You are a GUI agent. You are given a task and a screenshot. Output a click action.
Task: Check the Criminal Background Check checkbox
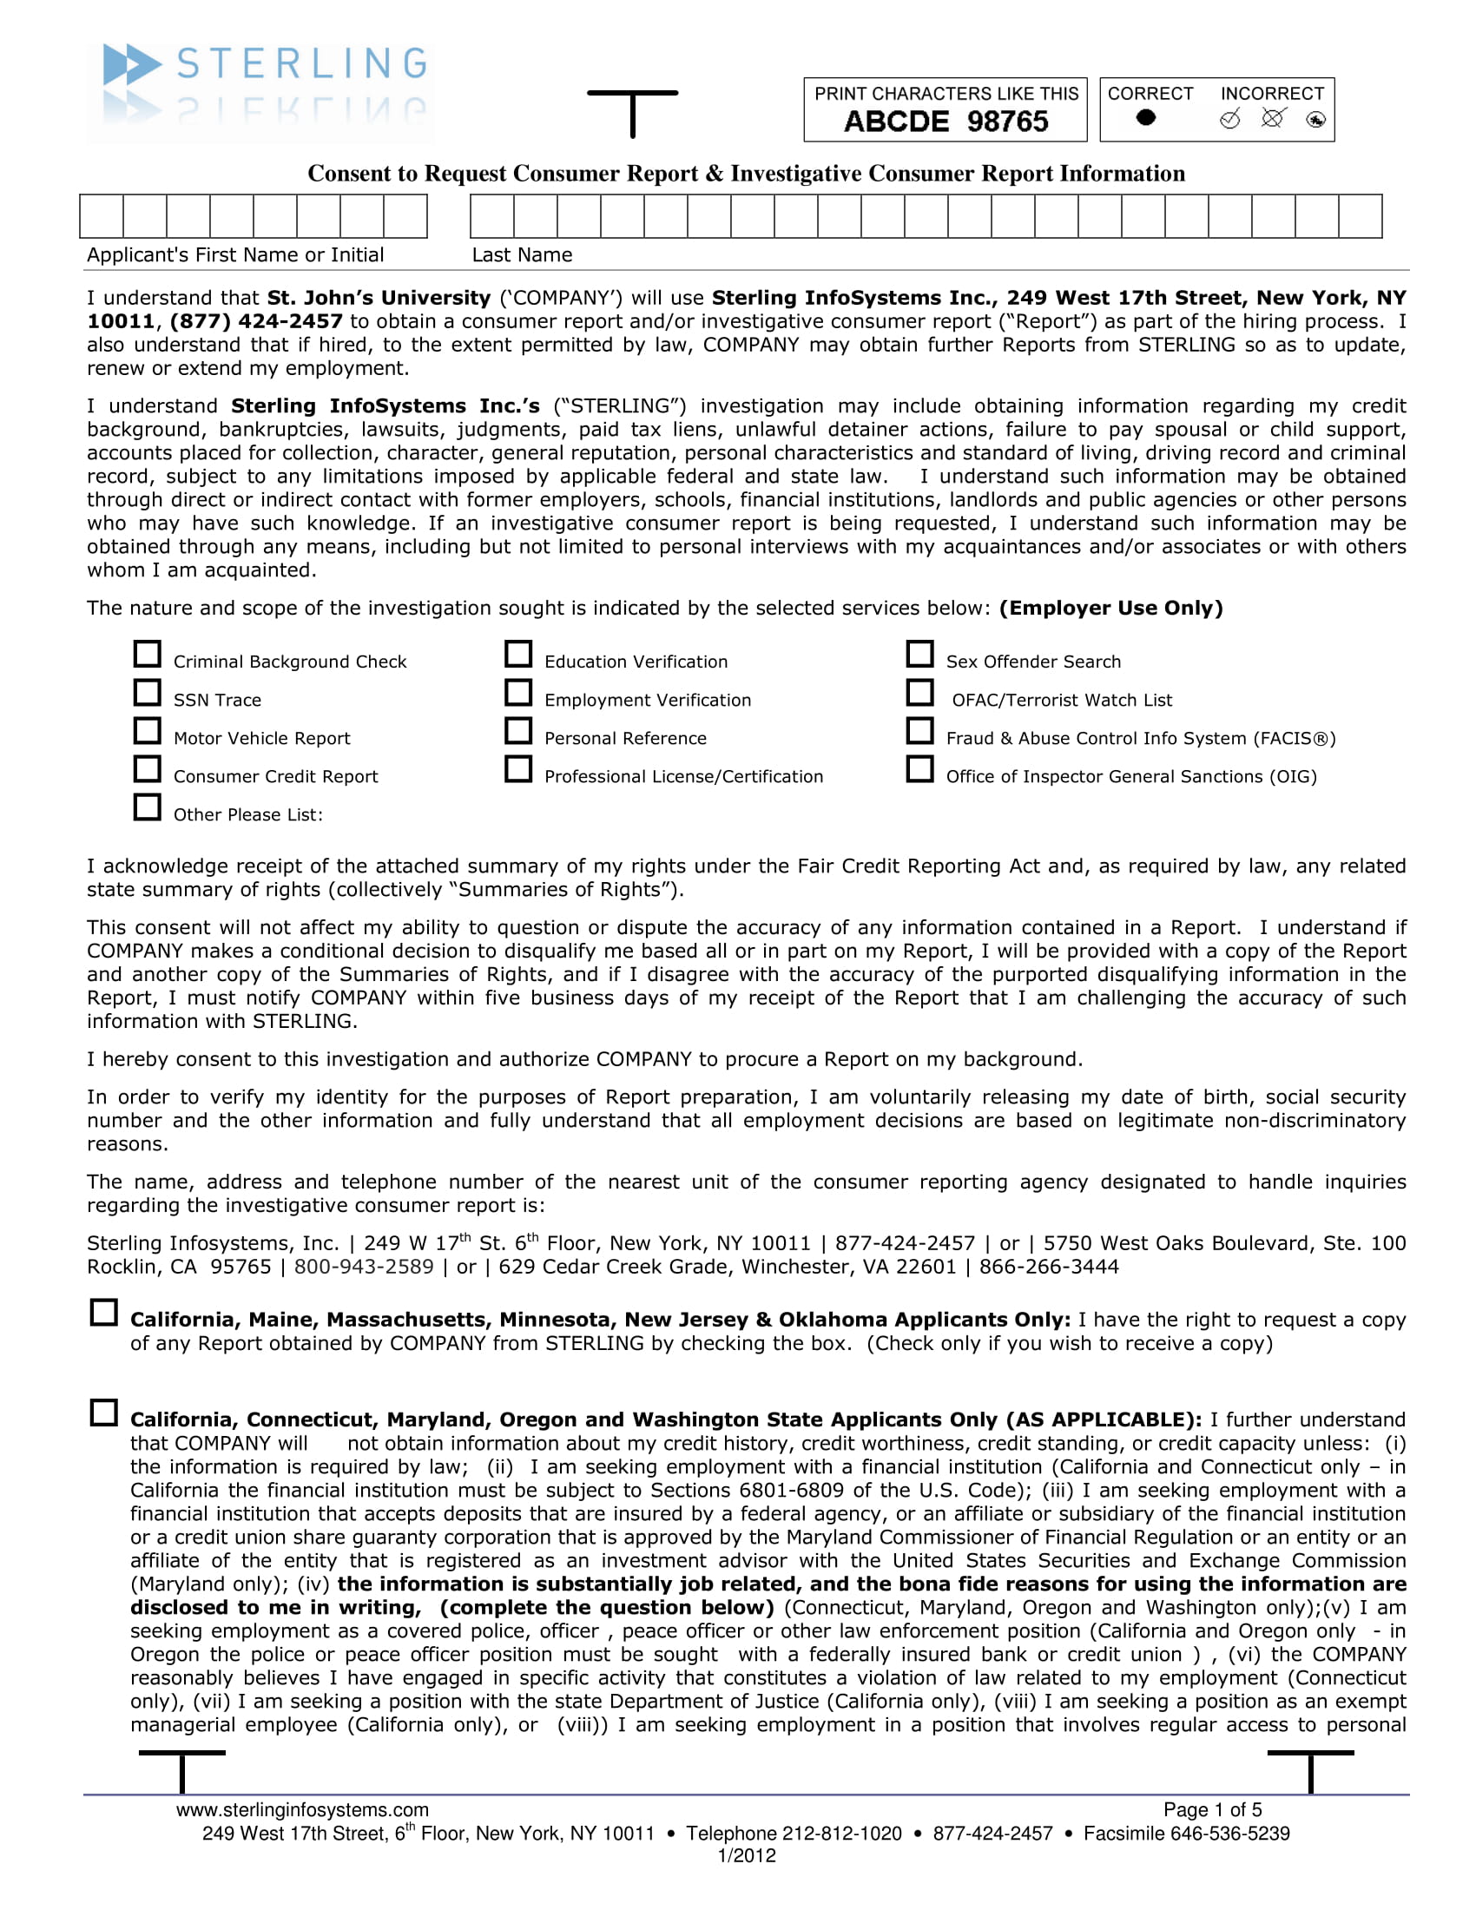pos(147,654)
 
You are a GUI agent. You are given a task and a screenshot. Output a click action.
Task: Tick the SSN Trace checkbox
pos(147,693)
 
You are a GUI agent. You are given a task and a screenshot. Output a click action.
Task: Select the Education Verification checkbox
pos(518,654)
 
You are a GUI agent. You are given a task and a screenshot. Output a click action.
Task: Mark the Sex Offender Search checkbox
pos(919,654)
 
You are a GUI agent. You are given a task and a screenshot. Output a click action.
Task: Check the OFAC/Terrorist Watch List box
pos(919,693)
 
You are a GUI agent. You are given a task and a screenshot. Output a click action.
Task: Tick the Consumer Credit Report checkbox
pos(147,769)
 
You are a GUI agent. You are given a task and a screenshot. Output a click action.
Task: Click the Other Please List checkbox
pos(147,807)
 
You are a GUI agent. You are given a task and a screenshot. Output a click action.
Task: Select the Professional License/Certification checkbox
pos(518,769)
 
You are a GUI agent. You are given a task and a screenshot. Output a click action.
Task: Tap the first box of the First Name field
pos(102,216)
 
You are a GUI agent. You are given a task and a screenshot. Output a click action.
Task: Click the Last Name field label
pos(522,255)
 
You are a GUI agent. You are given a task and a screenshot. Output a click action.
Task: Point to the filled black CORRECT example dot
pos(1145,117)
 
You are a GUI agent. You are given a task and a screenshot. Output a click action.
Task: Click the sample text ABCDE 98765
pos(946,122)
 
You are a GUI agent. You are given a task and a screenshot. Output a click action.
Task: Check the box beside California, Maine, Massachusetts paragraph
pos(104,1313)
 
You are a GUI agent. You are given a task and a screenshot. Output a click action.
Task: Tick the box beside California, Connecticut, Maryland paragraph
pos(104,1413)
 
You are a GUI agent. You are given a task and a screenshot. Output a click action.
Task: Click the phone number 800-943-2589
pos(364,1268)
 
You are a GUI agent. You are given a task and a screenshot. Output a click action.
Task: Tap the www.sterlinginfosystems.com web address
pos(302,1810)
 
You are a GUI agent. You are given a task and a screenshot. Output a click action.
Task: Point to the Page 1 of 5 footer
pos(1212,1810)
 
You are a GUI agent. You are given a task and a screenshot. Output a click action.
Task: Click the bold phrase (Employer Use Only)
pos(1110,609)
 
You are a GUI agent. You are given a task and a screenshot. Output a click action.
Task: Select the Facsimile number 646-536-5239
pos(1229,1834)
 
